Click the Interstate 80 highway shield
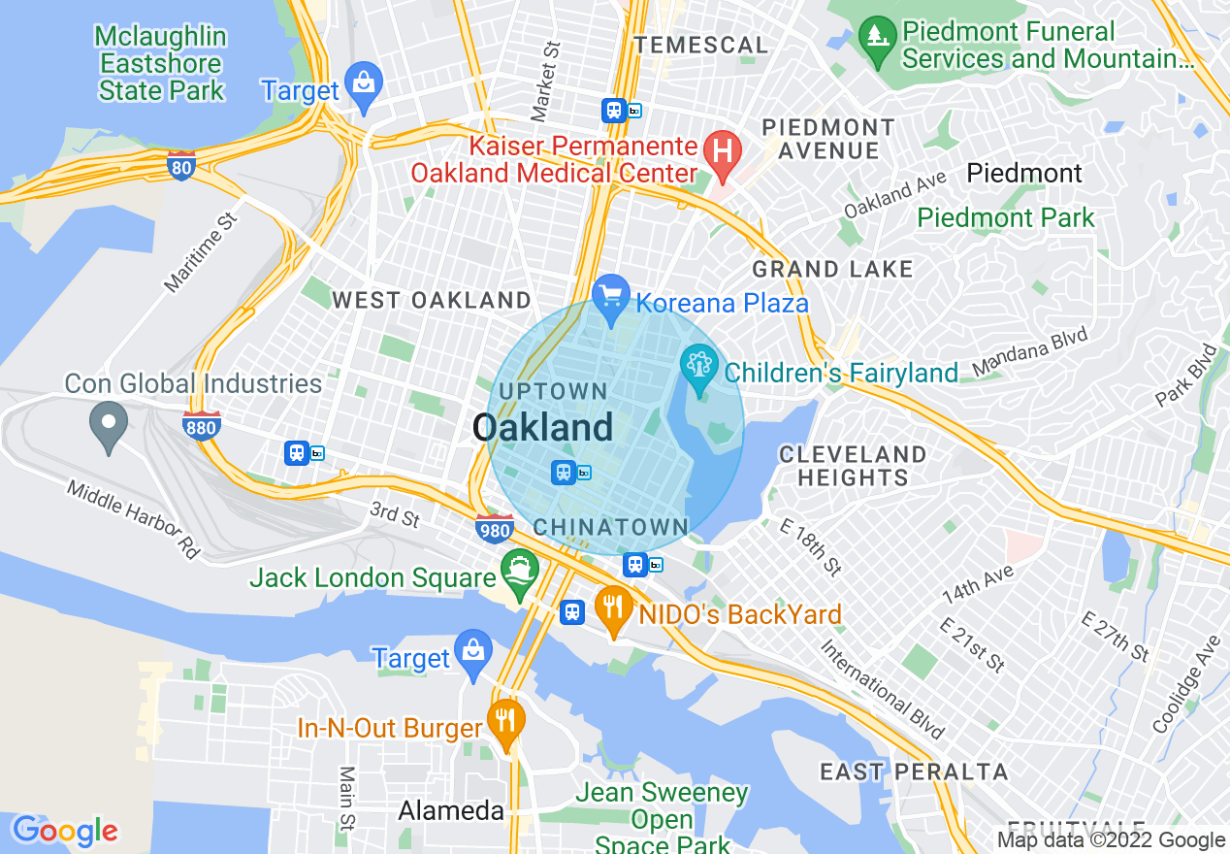(x=180, y=165)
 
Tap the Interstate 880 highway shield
(x=201, y=425)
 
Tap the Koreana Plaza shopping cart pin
(x=611, y=295)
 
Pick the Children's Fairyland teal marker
(x=698, y=368)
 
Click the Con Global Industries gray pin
(x=109, y=424)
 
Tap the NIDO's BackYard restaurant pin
(x=612, y=608)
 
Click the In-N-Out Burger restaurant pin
(x=505, y=721)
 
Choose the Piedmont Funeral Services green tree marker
(x=878, y=38)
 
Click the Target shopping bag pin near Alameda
(x=473, y=651)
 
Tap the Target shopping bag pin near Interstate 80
(x=364, y=83)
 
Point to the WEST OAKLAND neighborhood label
(x=432, y=301)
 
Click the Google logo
(x=65, y=831)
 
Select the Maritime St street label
(x=201, y=253)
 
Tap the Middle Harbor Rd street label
(x=133, y=519)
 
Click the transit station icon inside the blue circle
(x=563, y=473)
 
